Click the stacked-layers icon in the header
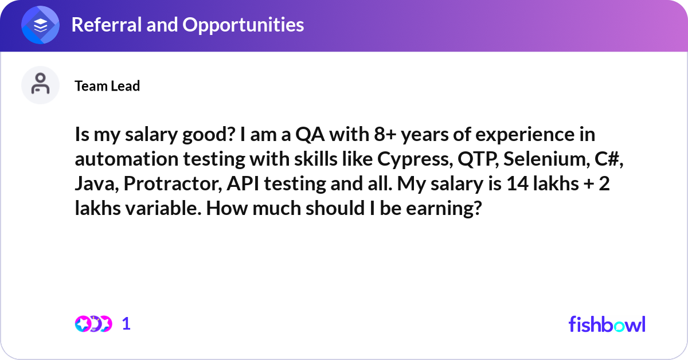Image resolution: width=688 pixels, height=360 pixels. [x=41, y=25]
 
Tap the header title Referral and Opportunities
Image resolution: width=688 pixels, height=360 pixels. [x=187, y=25]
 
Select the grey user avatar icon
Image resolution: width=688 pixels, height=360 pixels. [x=40, y=85]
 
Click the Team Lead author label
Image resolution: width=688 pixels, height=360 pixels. [x=107, y=86]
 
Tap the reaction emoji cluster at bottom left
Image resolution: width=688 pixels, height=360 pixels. [x=93, y=324]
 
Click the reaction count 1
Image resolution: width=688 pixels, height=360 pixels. [x=126, y=324]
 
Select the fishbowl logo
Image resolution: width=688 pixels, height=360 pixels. [x=607, y=324]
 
